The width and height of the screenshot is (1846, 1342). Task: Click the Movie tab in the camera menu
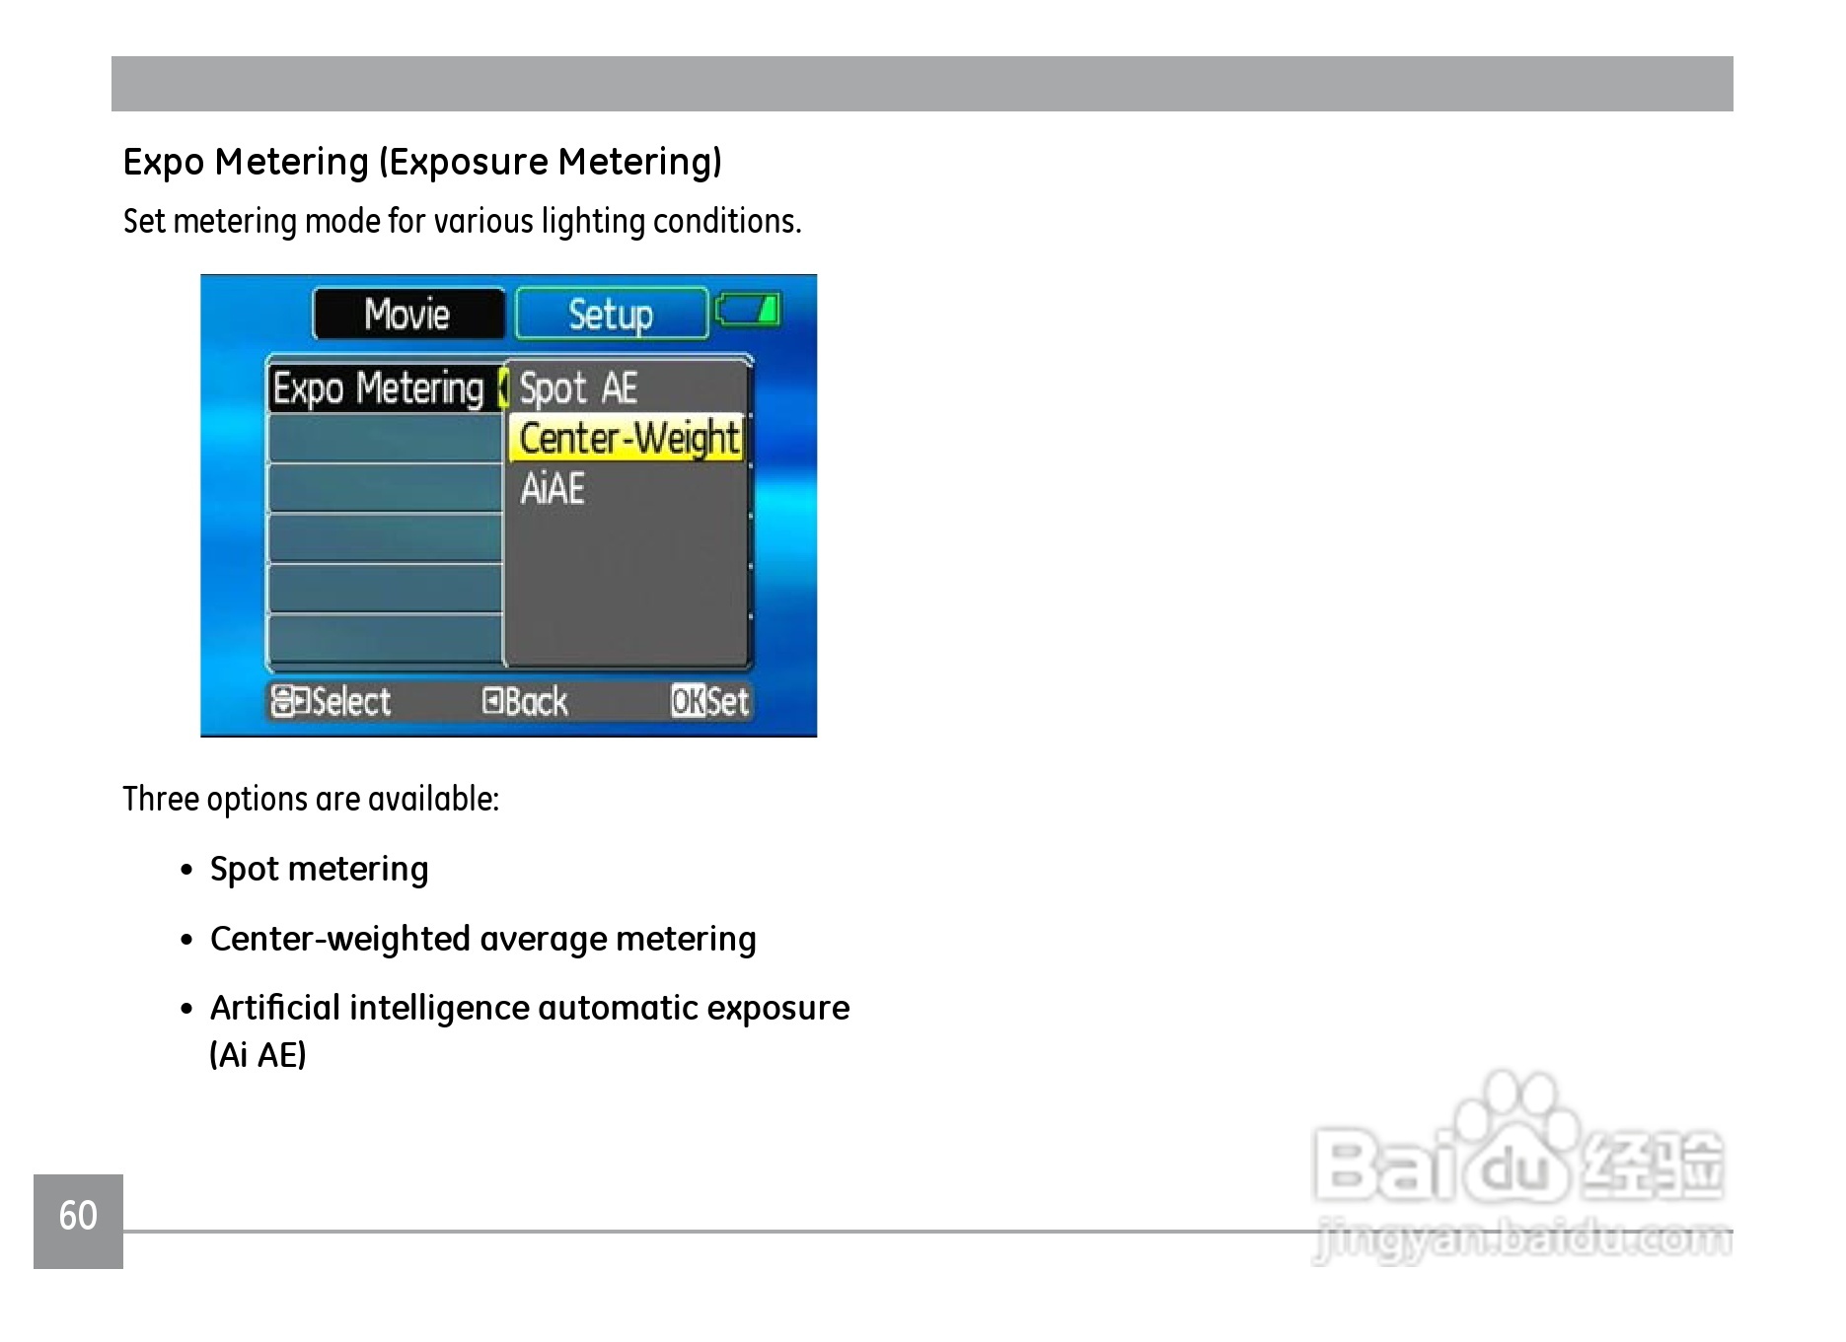(408, 315)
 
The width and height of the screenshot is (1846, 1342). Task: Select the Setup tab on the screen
(612, 315)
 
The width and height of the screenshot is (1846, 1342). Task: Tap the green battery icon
(748, 310)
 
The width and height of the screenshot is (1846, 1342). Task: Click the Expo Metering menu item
(379, 388)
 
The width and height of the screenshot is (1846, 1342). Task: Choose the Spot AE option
(578, 388)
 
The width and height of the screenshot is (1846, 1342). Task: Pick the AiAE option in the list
(553, 489)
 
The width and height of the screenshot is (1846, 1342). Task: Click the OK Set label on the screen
(709, 701)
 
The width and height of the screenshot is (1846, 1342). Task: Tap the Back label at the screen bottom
(525, 701)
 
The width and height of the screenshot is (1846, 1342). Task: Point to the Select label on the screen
(332, 701)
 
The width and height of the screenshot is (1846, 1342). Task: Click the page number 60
(78, 1216)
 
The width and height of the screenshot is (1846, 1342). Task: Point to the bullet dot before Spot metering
(186, 871)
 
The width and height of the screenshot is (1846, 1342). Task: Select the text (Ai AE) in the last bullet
(258, 1055)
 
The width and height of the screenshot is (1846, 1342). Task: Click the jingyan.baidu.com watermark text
(1523, 1240)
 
